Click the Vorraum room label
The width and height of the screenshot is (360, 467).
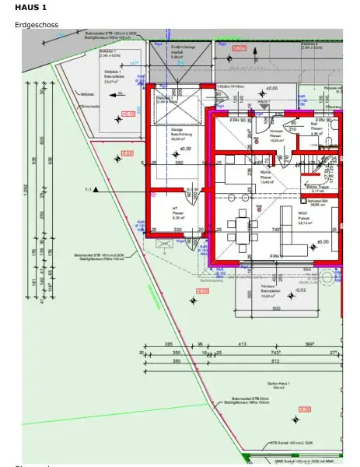click(x=276, y=136)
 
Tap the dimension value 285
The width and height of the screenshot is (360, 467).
click(x=169, y=344)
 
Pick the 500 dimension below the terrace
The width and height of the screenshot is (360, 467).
click(x=275, y=309)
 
